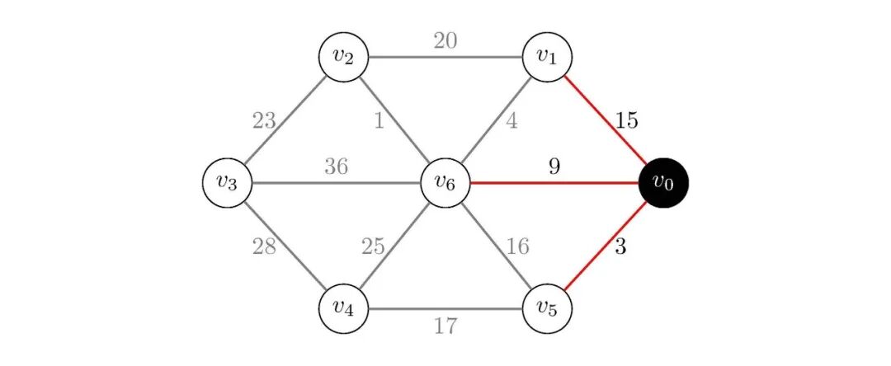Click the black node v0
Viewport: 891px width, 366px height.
pos(663,183)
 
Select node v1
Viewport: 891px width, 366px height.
pos(545,58)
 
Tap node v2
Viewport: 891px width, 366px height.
pos(343,58)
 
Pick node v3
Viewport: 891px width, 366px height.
pos(226,183)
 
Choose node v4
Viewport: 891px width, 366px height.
pos(343,309)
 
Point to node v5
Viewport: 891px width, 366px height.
pos(545,309)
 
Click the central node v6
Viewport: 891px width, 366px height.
pos(445,183)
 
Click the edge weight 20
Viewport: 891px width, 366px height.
pos(445,40)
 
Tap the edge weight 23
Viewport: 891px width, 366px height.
pos(264,121)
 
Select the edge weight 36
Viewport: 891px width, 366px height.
pos(335,167)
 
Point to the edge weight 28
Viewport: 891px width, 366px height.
pos(264,246)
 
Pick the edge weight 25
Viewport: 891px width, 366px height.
pos(373,246)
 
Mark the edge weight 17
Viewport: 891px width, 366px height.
pos(445,327)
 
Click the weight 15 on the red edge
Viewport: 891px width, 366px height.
pos(626,121)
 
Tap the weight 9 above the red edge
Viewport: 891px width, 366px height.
pos(554,167)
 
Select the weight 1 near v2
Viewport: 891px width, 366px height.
pos(379,121)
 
